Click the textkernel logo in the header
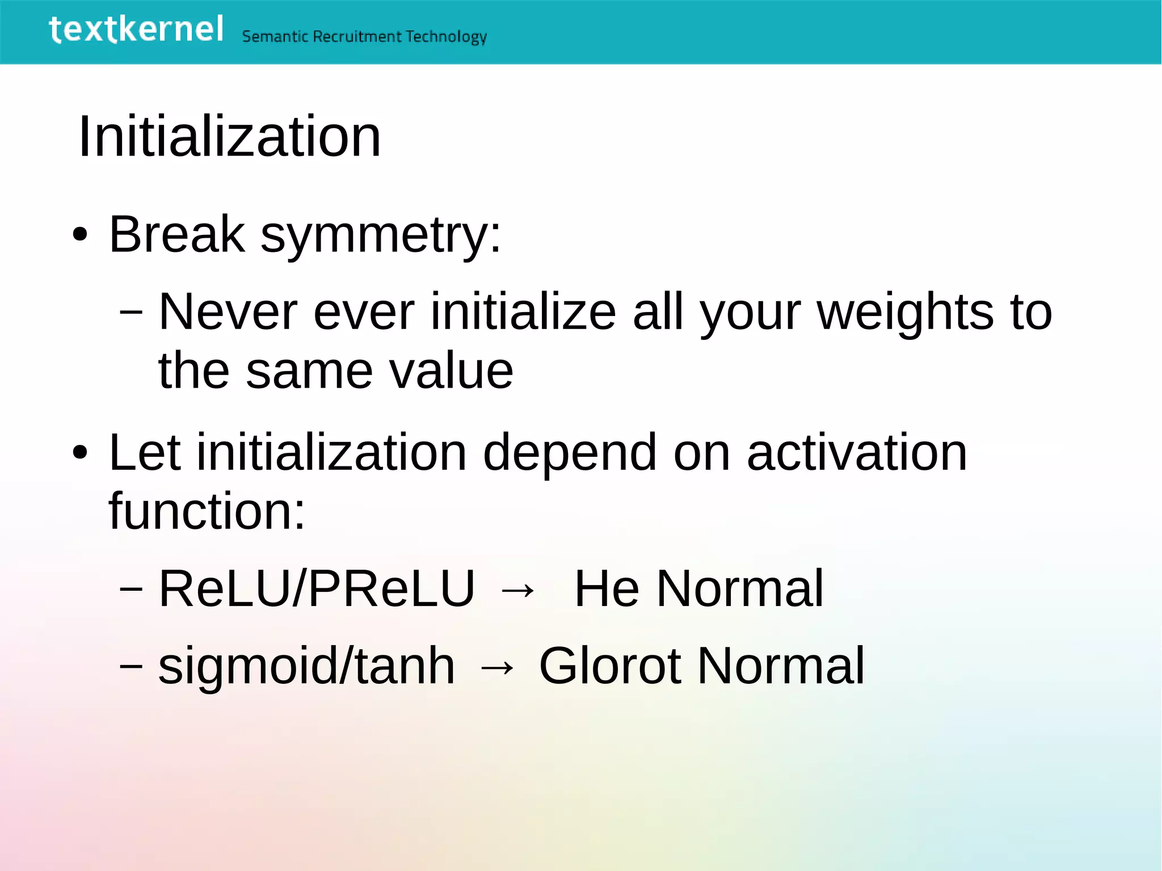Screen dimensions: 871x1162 point(136,30)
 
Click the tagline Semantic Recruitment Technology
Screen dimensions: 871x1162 point(364,37)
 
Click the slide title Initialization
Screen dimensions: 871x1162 point(229,137)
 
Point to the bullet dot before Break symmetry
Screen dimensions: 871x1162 point(80,235)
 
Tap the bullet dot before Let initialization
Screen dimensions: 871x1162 point(80,453)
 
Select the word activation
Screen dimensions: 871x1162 point(857,452)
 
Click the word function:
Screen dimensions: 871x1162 point(207,511)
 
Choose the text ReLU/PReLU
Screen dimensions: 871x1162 point(317,588)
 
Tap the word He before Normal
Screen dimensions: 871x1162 point(607,588)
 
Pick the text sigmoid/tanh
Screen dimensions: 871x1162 point(306,666)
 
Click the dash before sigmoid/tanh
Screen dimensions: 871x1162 point(131,666)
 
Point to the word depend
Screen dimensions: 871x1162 point(570,453)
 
